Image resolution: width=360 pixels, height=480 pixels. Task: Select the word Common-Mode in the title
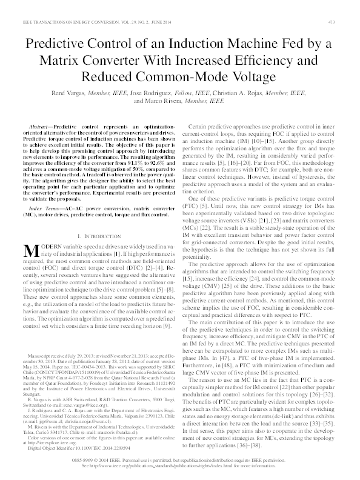click(197, 78)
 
